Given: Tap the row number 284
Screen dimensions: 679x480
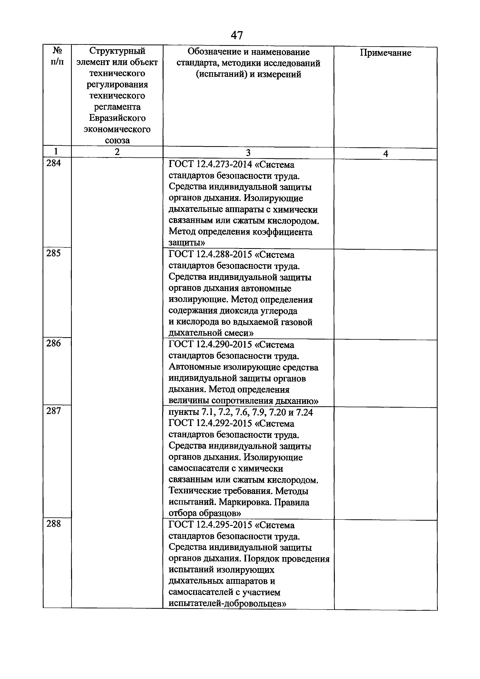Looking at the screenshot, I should [x=54, y=163].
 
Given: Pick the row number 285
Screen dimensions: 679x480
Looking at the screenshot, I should [x=54, y=253].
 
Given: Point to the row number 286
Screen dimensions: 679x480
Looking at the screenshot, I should [x=54, y=343].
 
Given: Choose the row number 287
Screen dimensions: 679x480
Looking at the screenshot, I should [x=54, y=411].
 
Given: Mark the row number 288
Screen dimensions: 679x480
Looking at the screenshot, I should [x=54, y=524].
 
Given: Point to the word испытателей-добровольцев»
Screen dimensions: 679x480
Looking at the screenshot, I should [x=227, y=603].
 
